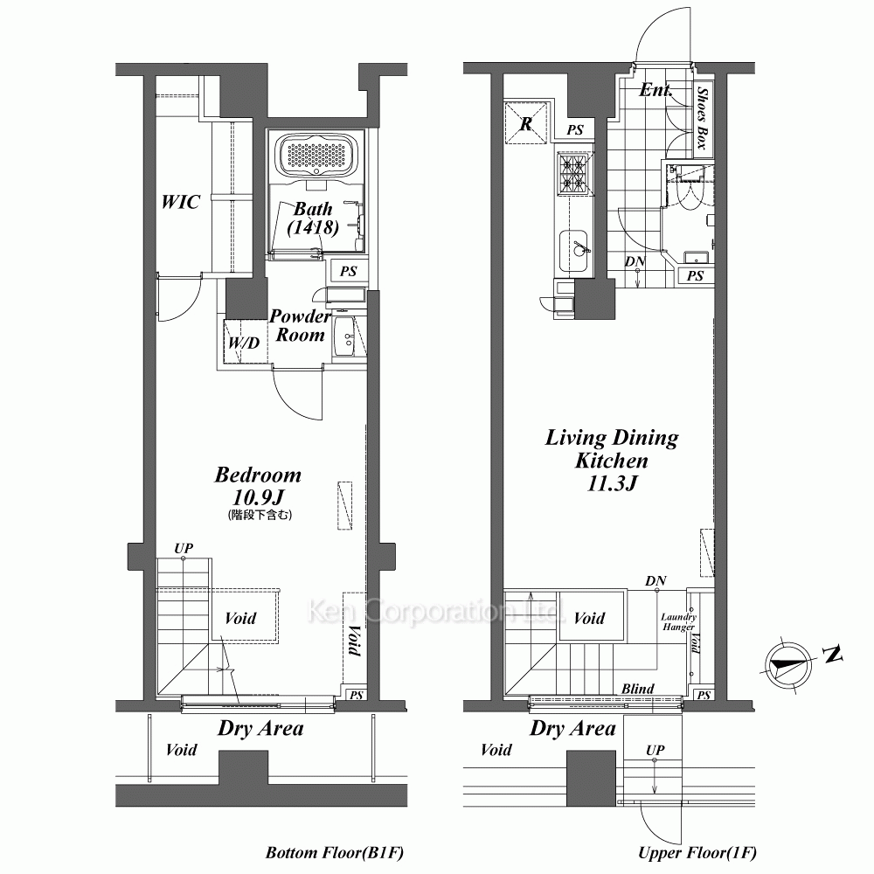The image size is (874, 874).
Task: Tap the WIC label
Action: [x=181, y=201]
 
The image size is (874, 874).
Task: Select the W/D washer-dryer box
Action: [x=243, y=341]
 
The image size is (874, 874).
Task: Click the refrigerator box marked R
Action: [x=525, y=122]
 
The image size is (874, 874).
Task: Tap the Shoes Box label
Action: [x=703, y=118]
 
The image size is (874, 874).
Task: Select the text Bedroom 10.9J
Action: [x=258, y=485]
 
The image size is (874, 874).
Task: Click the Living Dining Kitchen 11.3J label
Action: [x=612, y=460]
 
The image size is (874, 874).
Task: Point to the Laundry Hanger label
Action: [x=678, y=621]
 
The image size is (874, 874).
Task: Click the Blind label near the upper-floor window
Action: [x=638, y=689]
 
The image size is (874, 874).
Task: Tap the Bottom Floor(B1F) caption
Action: [x=335, y=852]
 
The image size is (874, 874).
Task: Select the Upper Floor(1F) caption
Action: [x=697, y=852]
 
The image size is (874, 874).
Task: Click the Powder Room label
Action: [x=301, y=325]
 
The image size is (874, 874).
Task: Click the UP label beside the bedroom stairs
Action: [x=184, y=548]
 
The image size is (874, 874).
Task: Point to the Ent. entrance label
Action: [x=655, y=90]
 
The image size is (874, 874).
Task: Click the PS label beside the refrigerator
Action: [x=575, y=130]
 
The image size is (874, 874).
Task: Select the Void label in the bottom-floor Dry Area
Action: [x=181, y=750]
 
